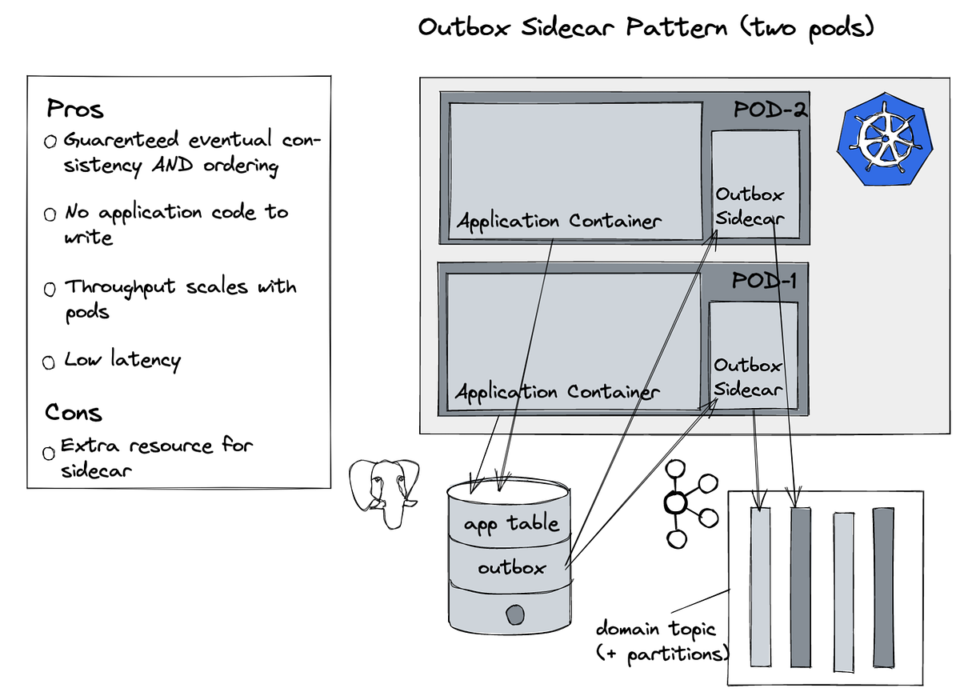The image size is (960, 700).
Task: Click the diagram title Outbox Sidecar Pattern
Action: click(x=646, y=28)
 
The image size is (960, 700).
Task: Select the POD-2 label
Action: click(x=770, y=110)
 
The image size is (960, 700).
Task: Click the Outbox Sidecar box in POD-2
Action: click(x=755, y=184)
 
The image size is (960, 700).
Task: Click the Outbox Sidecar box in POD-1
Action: click(x=752, y=354)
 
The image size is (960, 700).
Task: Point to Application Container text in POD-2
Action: click(x=558, y=221)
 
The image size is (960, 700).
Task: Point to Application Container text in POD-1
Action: click(x=557, y=392)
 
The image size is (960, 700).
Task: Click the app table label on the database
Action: click(x=511, y=525)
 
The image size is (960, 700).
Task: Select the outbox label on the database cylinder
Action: click(x=511, y=568)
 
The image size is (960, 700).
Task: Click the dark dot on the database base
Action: click(x=514, y=614)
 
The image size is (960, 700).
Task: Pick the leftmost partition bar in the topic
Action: click(x=760, y=586)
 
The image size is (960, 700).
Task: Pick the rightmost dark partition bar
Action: click(x=882, y=586)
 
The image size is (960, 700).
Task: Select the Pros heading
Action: click(x=75, y=108)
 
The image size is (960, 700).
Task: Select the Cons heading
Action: click(x=74, y=413)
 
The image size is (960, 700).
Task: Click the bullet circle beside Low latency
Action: click(x=50, y=362)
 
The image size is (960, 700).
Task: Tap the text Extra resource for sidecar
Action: click(x=157, y=458)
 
